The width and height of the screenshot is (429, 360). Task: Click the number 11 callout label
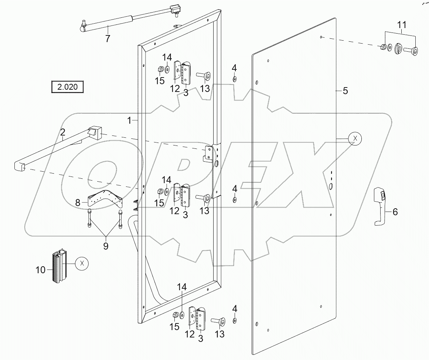tap(402, 25)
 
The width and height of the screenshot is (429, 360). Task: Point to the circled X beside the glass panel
tap(355, 138)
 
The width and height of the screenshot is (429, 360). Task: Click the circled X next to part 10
tap(82, 263)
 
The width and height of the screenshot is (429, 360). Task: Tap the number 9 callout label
tap(106, 246)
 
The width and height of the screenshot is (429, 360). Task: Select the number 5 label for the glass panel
tap(345, 90)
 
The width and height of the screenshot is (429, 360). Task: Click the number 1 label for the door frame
tap(129, 120)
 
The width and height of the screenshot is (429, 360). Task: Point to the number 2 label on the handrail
tap(63, 132)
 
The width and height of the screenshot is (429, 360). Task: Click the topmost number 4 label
tap(234, 68)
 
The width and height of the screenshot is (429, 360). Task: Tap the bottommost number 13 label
tap(219, 334)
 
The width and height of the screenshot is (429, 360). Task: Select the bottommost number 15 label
tap(174, 326)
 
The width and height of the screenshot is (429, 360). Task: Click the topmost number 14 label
tap(167, 57)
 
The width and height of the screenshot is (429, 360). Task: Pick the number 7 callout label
tap(108, 38)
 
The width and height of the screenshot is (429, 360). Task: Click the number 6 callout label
tap(395, 212)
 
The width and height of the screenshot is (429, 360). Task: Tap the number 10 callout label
tap(41, 270)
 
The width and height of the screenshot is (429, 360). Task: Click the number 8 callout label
tap(78, 202)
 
